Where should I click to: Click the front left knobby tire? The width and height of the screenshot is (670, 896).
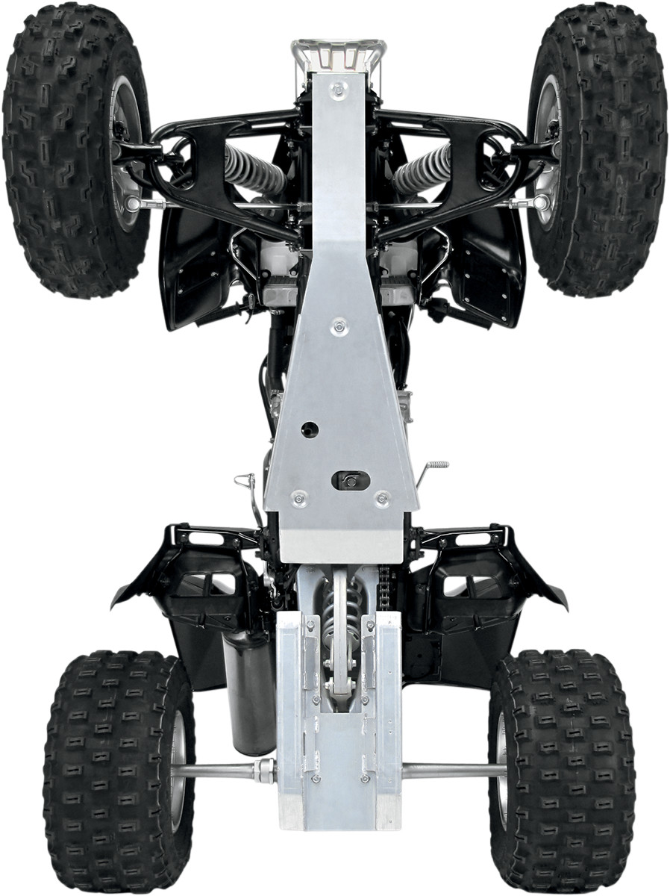[x=71, y=149]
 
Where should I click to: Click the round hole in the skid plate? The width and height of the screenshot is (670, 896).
[x=310, y=429]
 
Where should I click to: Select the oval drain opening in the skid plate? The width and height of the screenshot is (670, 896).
[x=351, y=481]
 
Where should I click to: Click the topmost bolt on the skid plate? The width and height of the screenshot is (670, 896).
[x=339, y=90]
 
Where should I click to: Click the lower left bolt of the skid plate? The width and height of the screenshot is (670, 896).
[x=299, y=497]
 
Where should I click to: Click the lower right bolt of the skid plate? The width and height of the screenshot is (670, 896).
[x=382, y=497]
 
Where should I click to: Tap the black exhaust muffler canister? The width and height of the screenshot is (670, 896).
[x=248, y=691]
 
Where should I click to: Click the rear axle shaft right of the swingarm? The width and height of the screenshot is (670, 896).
[x=451, y=771]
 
